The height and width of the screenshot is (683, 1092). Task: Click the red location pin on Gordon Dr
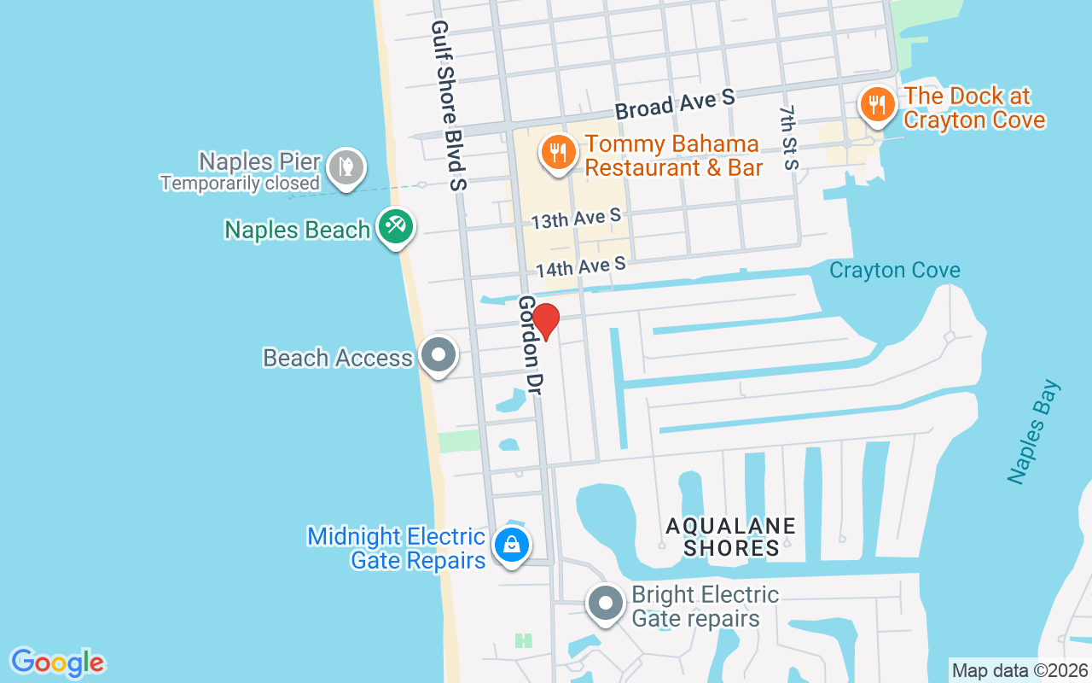546,322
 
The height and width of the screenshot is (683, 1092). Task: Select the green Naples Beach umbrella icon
396,227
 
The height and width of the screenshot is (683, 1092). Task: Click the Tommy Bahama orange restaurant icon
557,153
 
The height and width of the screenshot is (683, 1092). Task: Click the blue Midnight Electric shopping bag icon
512,544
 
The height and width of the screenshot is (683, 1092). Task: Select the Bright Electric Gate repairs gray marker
606,604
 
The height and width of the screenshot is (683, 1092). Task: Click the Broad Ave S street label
675,104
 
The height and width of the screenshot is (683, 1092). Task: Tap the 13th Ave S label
576,219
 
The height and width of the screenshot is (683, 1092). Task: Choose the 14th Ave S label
581,268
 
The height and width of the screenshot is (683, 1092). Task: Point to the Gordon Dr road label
531,345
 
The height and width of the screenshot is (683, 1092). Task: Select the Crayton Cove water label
895,271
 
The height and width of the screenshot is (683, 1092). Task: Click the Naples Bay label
1033,432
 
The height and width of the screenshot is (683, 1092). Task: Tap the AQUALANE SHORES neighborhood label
731,536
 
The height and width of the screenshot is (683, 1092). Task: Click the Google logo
57,663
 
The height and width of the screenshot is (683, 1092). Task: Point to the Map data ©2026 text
1019,670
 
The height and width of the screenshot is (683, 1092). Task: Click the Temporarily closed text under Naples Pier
240,183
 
